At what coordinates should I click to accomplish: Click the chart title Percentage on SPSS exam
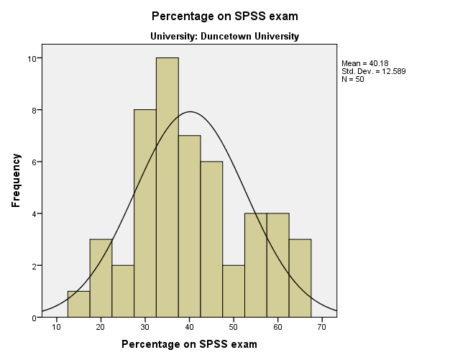pos(224,15)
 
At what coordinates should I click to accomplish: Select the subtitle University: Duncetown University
pos(224,36)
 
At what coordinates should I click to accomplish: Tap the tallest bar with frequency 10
pos(167,187)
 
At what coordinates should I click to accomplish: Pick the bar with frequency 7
pos(190,226)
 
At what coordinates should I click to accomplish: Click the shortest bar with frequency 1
pos(78,304)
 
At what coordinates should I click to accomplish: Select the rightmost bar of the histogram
pos(300,278)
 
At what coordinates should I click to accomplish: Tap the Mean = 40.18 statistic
pos(365,63)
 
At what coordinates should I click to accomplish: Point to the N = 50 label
pos(354,78)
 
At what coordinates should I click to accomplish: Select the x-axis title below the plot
pos(189,344)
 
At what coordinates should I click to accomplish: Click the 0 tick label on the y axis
pos(37,318)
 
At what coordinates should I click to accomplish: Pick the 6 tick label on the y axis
pos(37,162)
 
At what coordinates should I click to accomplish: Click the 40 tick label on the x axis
pos(189,327)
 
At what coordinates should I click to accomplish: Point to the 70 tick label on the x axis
pos(323,327)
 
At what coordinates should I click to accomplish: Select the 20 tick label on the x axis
pos(101,327)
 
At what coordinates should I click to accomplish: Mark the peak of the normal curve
pos(190,111)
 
